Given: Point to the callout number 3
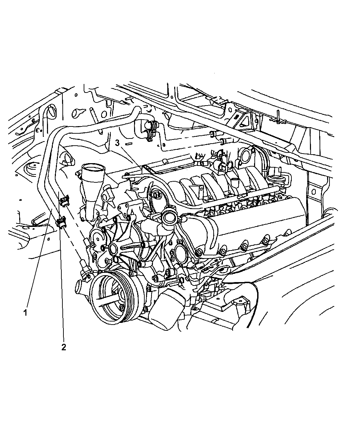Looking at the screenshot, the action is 117,143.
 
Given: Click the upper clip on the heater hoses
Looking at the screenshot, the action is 64,200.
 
